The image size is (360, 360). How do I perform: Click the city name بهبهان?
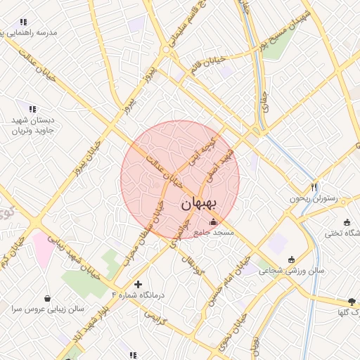tap(200, 205)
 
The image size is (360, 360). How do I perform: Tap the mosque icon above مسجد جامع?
tap(214, 222)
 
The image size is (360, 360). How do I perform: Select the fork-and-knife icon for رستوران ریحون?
tap(314, 187)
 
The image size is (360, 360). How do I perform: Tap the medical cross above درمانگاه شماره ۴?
tap(138, 283)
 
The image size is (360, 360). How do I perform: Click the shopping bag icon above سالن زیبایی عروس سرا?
tap(47, 298)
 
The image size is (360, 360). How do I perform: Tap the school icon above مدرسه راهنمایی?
tap(23, 22)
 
